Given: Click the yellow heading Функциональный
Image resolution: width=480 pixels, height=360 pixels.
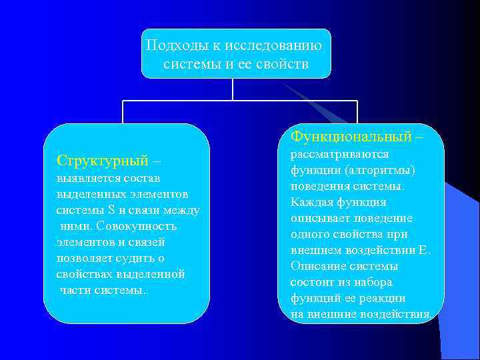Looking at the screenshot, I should tap(351, 137).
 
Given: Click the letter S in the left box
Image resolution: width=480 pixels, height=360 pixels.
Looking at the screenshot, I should tap(111, 211).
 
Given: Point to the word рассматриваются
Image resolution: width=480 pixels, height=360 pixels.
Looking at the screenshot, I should tap(339, 154).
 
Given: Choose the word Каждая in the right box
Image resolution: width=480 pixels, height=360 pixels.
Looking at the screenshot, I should tap(310, 202).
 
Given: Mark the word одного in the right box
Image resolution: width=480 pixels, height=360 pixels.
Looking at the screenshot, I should tap(310, 234).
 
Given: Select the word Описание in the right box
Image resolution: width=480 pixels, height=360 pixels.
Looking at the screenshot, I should tap(315, 266).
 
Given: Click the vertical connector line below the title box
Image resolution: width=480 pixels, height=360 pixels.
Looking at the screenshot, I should tap(232, 89).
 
